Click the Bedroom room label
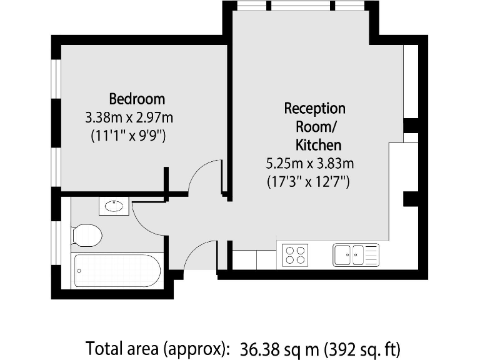137,99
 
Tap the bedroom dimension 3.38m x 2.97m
129,117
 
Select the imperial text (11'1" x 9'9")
128,135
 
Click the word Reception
314,108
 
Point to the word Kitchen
318,146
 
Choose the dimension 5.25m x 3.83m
310,164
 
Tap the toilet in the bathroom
86,236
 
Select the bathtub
117,270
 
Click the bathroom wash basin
114,206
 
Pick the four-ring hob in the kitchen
296,255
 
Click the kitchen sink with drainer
356,254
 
